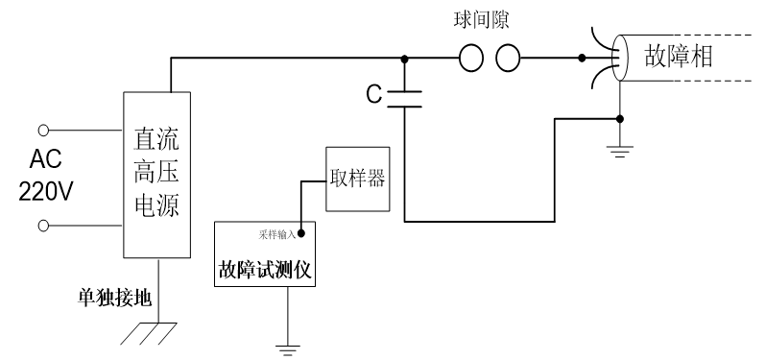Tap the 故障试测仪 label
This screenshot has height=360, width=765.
[x=263, y=271]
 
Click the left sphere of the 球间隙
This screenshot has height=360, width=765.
[x=471, y=60]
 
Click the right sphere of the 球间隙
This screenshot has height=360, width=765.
[x=508, y=60]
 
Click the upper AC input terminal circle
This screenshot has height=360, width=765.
[x=42, y=129]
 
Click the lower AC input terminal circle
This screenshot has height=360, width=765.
[x=42, y=225]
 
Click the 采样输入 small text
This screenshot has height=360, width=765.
[x=275, y=233]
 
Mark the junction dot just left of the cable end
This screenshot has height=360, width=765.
[x=583, y=60]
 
